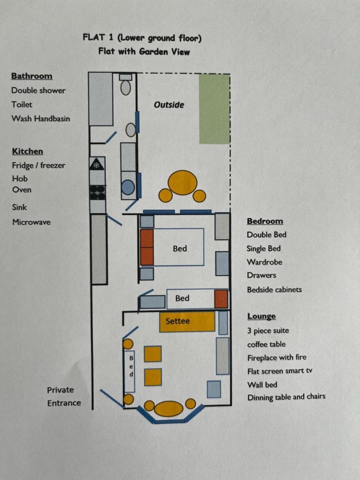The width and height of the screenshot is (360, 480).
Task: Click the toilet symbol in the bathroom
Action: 126,84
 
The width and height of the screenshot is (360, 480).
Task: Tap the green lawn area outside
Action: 214,109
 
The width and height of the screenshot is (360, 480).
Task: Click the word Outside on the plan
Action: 169,105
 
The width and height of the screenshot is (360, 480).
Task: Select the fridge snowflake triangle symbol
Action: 97,164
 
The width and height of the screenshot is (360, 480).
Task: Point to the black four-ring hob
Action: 98,193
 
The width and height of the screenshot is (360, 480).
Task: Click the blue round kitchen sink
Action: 128,187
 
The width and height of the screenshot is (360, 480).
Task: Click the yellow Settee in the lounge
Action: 187,322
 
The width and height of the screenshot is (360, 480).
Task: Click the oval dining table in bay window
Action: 169,408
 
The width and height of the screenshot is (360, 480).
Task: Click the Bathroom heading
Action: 32,76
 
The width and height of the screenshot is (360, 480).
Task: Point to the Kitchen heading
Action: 28,151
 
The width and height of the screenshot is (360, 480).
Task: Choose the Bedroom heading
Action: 265,221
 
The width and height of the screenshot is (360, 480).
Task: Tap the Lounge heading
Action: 262,316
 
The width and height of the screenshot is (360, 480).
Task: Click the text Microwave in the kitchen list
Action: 32,222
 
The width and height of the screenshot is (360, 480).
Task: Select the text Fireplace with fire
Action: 277,358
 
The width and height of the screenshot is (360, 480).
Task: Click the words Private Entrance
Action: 64,396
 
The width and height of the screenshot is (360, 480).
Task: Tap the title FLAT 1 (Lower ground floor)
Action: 142,38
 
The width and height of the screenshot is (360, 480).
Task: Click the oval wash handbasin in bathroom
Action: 131,130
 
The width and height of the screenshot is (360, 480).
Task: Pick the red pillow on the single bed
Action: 221,299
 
